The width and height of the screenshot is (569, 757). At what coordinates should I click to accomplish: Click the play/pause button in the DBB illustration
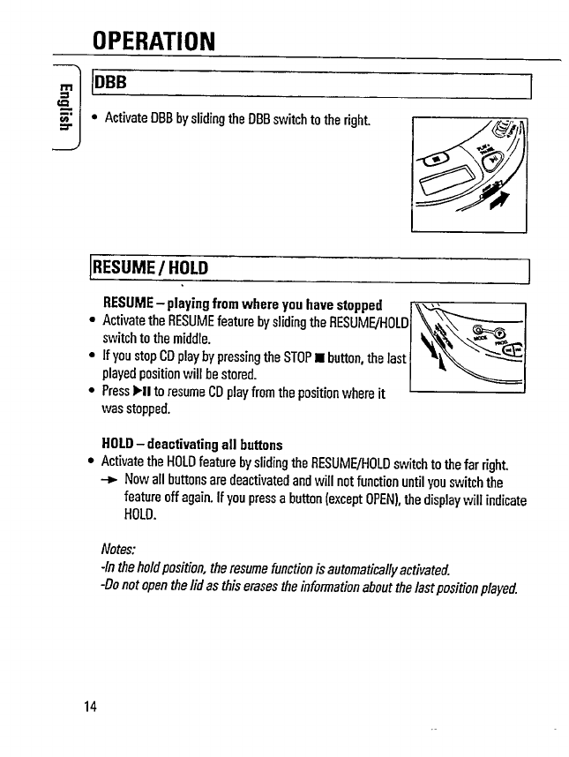pos(496,161)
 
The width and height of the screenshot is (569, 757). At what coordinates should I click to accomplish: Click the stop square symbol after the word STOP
pos(327,358)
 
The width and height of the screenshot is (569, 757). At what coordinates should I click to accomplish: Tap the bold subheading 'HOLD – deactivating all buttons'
pos(192,444)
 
